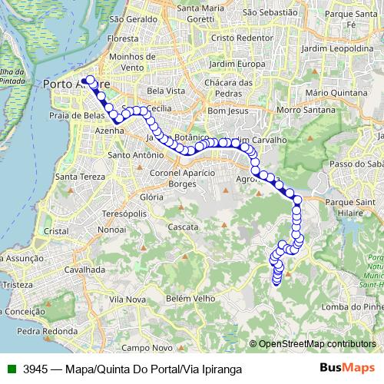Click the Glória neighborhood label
pyautogui.click(x=153, y=197)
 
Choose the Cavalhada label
pyautogui.click(x=84, y=270)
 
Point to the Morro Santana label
pyautogui.click(x=299, y=110)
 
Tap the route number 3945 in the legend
pyautogui.click(x=36, y=369)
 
